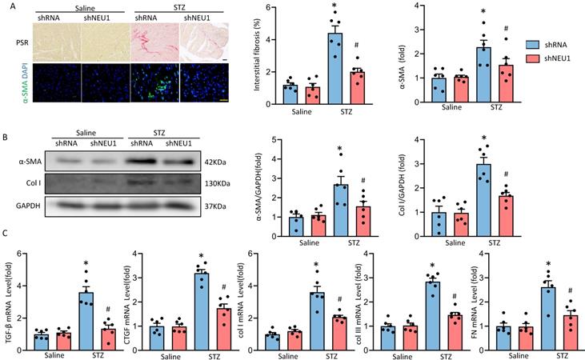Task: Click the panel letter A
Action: (6, 6)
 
